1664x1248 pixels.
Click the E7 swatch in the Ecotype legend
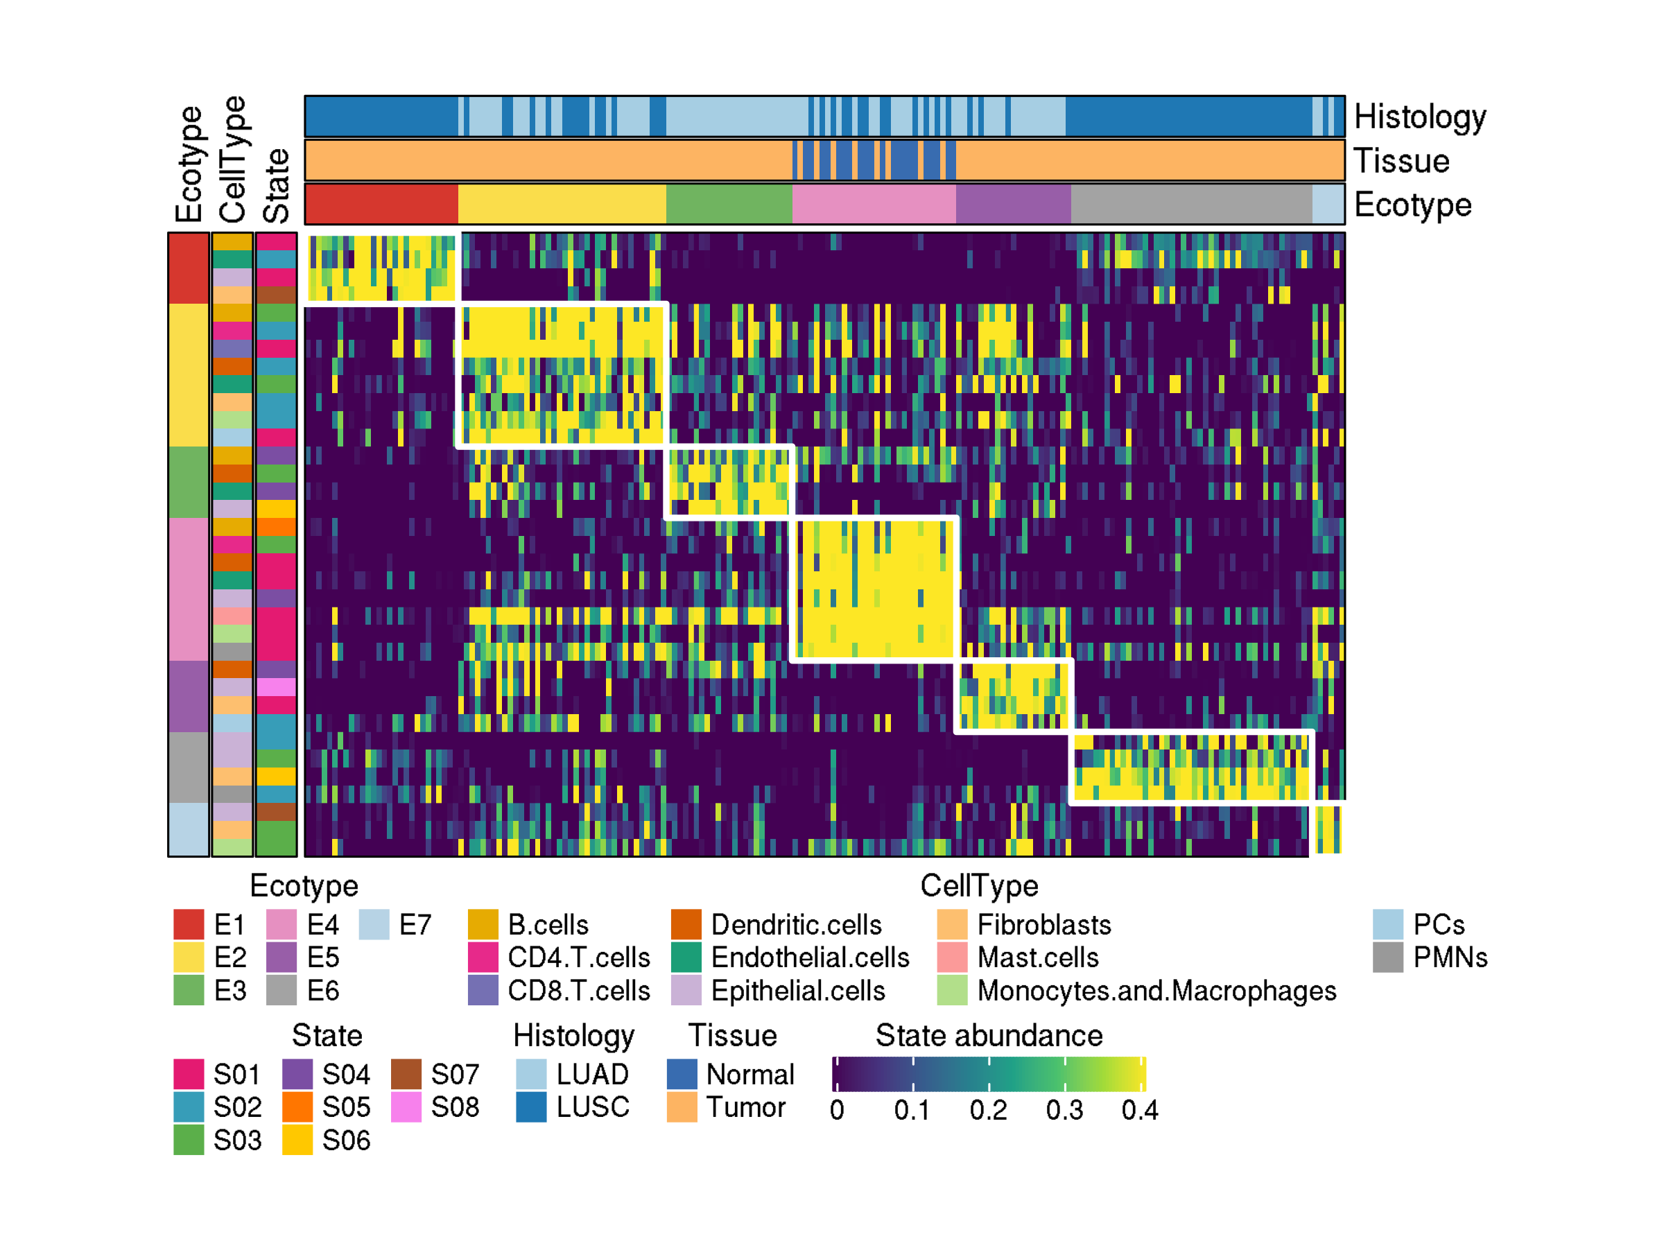[373, 924]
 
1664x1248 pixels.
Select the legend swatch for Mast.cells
[952, 957]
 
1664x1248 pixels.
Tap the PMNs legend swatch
[1387, 957]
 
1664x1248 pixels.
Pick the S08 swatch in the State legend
[406, 1107]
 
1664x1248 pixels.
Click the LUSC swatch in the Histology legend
[531, 1107]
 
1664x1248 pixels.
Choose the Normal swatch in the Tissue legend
[682, 1074]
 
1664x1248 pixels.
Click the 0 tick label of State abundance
[837, 1110]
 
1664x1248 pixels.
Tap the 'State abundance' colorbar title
[989, 1036]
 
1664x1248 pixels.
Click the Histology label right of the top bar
[1419, 116]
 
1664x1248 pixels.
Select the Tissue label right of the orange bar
[1401, 161]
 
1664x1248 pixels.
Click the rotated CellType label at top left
[232, 159]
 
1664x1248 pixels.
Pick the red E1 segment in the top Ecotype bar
[381, 204]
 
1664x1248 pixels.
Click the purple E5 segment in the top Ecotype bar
[1012, 204]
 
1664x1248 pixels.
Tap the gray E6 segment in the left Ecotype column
[188, 768]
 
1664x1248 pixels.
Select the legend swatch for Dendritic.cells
[686, 924]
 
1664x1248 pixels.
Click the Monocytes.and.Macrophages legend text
[1156, 991]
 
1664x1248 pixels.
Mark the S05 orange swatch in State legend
[297, 1107]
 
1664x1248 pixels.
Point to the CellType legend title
[979, 886]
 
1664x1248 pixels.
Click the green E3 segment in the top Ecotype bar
[728, 204]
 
